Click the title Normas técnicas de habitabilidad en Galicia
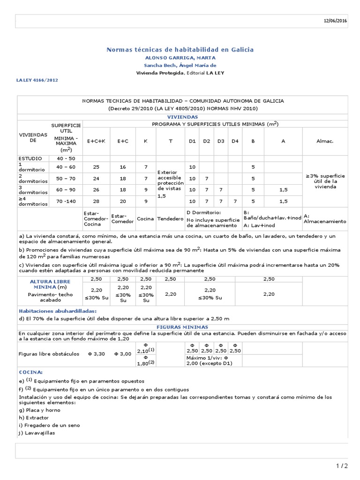[180, 49]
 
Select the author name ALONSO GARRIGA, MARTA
[180, 58]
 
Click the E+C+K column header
[96, 141]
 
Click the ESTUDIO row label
[30, 158]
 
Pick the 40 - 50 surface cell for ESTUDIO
[66, 158]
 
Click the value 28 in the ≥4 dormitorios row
[96, 201]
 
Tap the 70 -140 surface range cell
[66, 201]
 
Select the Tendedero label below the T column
[170, 219]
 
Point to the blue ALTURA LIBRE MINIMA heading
[43, 284]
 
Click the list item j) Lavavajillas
[37, 433]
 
